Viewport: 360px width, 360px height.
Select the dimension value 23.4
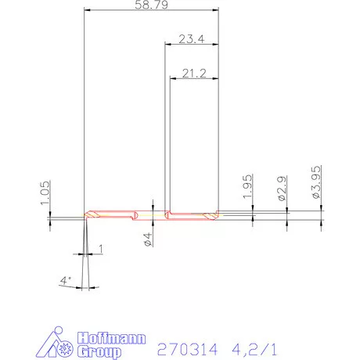[x=192, y=39]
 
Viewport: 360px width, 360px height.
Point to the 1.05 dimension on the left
[x=45, y=191]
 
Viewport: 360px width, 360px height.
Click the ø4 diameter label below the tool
[x=148, y=239]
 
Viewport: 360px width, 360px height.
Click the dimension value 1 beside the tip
[x=100, y=248]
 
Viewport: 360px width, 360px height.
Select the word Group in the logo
[x=99, y=353]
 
